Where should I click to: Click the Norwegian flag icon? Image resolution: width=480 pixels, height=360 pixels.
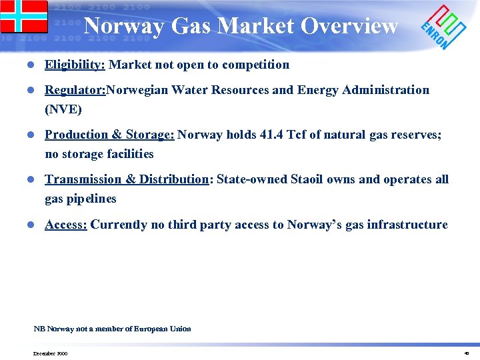[24, 17]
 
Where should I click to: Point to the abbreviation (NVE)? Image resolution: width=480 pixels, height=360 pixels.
[63, 109]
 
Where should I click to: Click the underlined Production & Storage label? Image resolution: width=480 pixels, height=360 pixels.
[109, 134]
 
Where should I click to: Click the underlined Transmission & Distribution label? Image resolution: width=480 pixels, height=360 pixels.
[127, 179]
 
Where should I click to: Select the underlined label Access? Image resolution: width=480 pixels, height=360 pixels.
[66, 224]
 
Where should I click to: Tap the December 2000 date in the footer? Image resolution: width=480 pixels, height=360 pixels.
[49, 353]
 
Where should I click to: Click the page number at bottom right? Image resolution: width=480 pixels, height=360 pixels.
[466, 353]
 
